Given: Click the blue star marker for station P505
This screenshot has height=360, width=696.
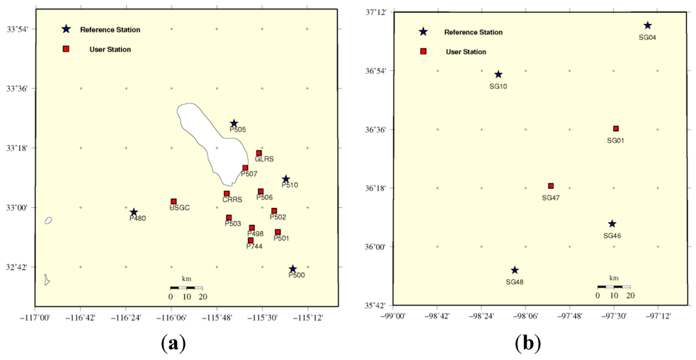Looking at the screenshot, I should click(x=234, y=124).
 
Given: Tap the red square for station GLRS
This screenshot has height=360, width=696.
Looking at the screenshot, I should click(x=259, y=153).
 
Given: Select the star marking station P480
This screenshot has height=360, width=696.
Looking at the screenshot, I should click(x=134, y=213).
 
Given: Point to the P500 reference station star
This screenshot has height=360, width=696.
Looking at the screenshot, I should click(x=292, y=269).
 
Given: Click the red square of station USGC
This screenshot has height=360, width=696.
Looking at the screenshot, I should click(x=174, y=202).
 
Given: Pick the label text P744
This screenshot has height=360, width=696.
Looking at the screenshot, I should click(x=255, y=247).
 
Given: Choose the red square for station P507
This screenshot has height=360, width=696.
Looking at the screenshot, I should click(x=245, y=168).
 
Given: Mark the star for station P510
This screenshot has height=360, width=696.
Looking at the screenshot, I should click(x=286, y=179).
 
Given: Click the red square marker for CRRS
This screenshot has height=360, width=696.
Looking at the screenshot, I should click(x=227, y=194).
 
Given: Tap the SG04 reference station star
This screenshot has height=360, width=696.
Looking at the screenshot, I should click(x=648, y=26).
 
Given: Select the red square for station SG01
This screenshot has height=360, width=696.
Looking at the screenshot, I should click(x=616, y=128).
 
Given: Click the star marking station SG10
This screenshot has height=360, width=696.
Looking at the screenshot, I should click(x=498, y=75).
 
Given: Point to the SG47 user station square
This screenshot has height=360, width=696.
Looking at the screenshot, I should click(x=551, y=186).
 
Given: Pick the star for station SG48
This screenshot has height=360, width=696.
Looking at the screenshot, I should click(x=515, y=270).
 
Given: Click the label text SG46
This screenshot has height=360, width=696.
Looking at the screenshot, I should click(x=612, y=236).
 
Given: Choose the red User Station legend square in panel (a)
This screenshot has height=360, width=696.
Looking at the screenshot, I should click(x=66, y=49).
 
